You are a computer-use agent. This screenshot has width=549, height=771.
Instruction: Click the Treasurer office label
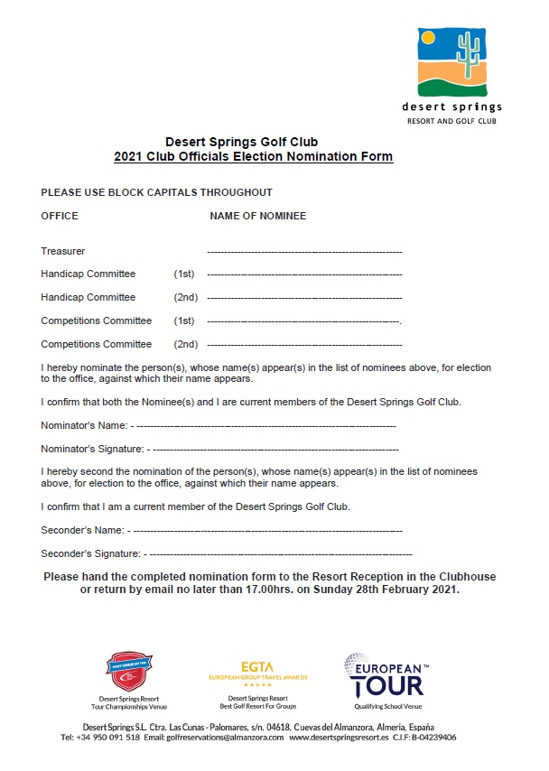[63, 251]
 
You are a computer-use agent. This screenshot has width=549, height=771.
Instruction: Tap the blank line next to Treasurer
[304, 251]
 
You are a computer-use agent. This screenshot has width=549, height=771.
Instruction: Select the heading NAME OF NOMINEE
[257, 217]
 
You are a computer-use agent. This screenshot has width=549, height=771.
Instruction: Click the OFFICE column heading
[60, 217]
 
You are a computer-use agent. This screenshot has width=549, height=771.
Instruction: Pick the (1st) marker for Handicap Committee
[184, 274]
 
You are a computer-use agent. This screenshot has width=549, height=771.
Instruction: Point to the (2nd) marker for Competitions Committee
[186, 344]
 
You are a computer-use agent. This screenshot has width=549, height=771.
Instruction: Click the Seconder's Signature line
[280, 553]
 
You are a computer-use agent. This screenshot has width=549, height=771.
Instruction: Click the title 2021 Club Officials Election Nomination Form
[254, 157]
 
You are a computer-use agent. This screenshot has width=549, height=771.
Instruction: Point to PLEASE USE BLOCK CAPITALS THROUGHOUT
[156, 193]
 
